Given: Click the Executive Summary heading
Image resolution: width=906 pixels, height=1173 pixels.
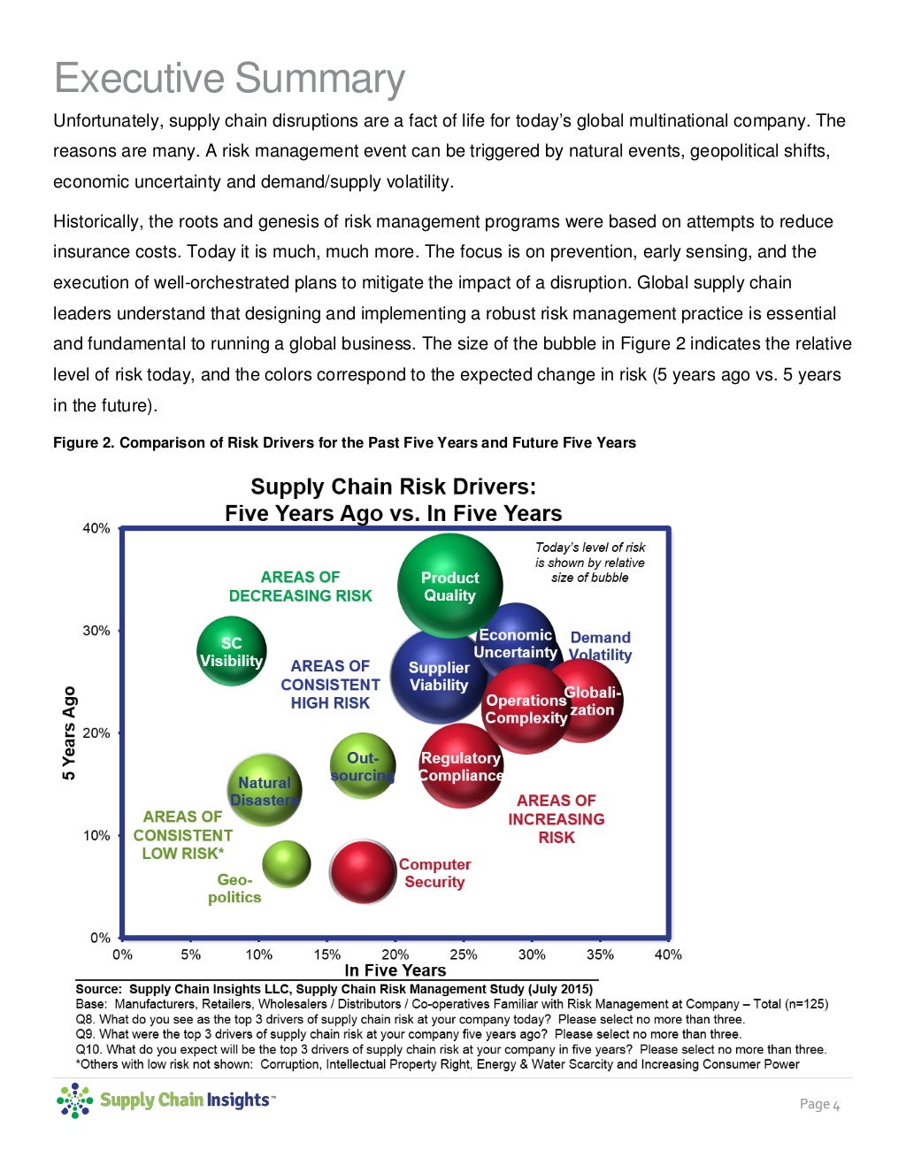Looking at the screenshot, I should coord(229,78).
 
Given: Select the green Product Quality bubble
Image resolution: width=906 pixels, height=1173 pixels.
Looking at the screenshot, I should coord(449,586).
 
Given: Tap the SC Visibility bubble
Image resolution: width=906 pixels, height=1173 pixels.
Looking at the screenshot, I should coord(231,652).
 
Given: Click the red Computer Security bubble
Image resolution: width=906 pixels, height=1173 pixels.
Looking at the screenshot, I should coord(363,871).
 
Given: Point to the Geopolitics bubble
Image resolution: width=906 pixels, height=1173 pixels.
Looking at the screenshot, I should coord(287,864).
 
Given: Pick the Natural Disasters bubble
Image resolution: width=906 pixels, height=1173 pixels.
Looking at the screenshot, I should coord(264,790).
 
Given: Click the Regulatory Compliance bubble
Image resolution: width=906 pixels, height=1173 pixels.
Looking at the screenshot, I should coord(460,766).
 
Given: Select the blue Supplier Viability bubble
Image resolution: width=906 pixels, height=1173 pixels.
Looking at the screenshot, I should coord(438,676).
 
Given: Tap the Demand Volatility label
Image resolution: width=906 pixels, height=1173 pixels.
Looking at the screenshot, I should coord(600,647).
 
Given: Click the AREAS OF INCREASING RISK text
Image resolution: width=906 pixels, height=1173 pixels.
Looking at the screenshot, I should coord(556,819).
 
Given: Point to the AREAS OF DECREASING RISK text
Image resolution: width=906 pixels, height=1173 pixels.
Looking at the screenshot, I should coord(300,586).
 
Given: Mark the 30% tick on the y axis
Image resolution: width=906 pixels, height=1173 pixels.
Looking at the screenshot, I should coord(96,631).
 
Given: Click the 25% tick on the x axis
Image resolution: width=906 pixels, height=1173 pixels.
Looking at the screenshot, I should coord(463,954).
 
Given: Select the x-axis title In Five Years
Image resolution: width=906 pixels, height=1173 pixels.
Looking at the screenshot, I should coord(395,970).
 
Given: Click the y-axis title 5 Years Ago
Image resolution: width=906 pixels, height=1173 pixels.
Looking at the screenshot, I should coord(69,733).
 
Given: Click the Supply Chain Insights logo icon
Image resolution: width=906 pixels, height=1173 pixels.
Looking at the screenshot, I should coord(74,1100).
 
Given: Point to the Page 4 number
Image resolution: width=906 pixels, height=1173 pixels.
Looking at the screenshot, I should coord(819,1104).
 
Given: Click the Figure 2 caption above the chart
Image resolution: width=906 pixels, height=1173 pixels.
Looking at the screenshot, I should coord(344,442).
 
